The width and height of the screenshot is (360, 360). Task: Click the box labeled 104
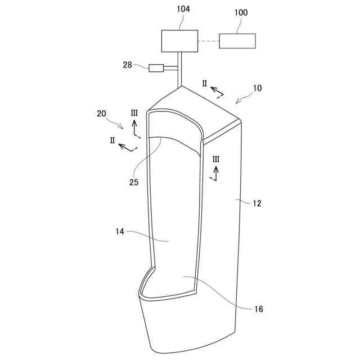point(180,40)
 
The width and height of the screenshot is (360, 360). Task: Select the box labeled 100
point(237,40)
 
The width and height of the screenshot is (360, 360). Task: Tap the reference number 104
point(183,10)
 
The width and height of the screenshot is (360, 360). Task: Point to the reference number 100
point(240,12)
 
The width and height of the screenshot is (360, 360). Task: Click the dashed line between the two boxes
point(209,40)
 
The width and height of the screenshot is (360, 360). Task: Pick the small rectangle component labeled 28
point(156,69)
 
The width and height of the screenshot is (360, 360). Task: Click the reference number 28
point(128,65)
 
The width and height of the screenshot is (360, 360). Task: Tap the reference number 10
point(257,88)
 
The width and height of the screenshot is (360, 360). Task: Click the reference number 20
point(101,113)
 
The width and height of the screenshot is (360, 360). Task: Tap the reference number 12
point(256,203)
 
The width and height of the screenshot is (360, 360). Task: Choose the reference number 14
point(120,231)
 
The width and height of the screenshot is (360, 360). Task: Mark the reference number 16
point(258,309)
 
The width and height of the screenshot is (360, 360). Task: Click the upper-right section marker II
point(205,84)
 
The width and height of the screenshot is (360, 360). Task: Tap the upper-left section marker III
point(134,114)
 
